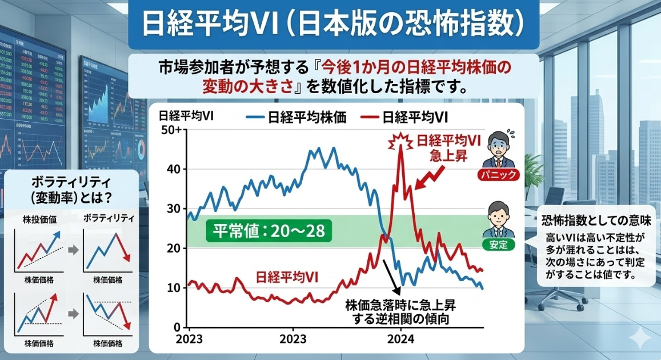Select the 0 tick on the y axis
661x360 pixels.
coord(177,327)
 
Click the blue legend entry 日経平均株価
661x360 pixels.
coord(301,117)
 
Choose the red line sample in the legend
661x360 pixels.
coord(370,117)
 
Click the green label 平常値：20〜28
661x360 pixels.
coord(269,231)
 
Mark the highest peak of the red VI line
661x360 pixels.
coord(400,147)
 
